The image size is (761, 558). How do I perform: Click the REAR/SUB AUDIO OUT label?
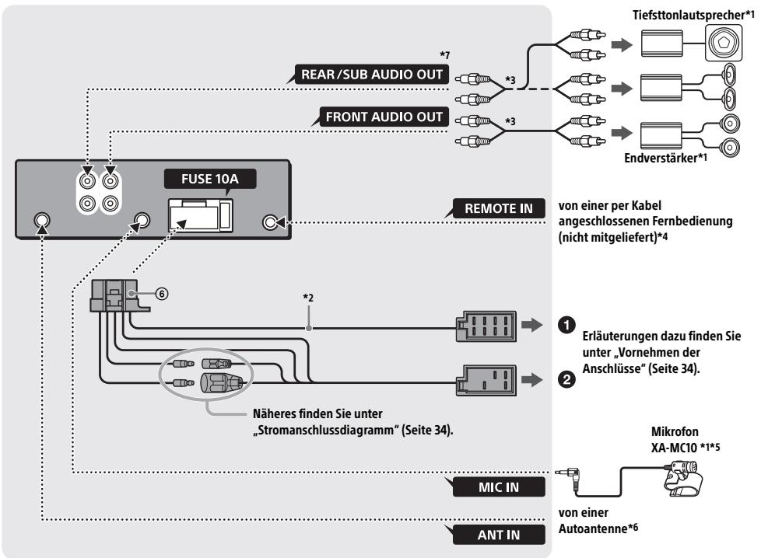point(372,75)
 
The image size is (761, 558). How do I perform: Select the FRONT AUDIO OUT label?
point(384,117)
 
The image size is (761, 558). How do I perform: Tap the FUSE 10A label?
point(209,179)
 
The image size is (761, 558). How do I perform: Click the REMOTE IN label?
point(499,208)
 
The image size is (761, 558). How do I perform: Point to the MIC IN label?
point(499,487)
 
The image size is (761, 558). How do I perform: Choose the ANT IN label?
point(499,535)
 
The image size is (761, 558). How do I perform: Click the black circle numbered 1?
point(566,325)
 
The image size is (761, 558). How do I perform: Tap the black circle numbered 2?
point(566,378)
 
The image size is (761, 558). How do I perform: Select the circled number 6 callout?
point(162,294)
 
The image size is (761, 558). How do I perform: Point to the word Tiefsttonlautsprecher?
point(688,15)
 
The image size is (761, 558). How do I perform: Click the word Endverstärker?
point(661,158)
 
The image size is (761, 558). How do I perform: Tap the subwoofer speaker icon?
point(723,44)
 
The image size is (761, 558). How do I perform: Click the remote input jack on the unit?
point(270,222)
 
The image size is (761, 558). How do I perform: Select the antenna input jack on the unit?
point(42,221)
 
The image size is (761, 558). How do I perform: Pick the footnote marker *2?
point(308,297)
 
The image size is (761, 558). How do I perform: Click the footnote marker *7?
point(444,54)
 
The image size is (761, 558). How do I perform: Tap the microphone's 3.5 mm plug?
point(568,473)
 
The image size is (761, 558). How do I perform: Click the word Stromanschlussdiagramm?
point(328,430)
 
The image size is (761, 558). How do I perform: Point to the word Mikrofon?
point(675,431)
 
